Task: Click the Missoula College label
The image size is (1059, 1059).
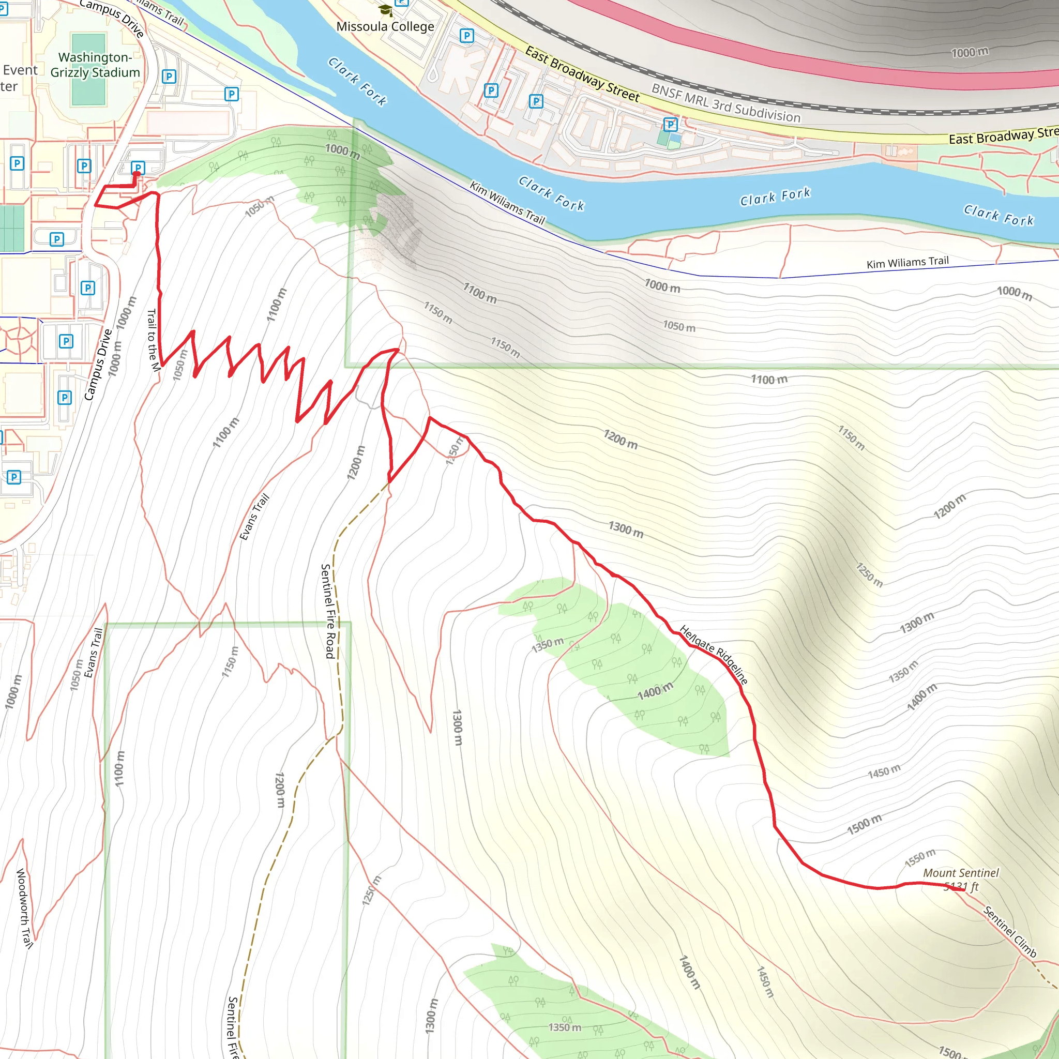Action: click(385, 26)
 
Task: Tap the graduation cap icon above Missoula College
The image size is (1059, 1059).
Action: click(385, 10)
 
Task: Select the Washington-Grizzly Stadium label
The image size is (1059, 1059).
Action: click(95, 65)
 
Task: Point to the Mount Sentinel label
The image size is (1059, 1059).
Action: click(960, 873)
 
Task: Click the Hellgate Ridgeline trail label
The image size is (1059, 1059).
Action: click(714, 655)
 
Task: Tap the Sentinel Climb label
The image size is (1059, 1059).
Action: click(1010, 932)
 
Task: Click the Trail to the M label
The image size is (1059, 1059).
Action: click(153, 340)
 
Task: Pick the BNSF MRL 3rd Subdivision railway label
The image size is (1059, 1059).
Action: click(725, 103)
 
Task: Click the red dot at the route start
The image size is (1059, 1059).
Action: click(137, 174)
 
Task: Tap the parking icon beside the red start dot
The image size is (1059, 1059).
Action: click(138, 167)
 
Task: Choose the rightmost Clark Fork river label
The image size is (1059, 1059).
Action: click(999, 216)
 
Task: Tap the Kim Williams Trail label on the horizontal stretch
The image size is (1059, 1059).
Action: click(907, 263)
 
